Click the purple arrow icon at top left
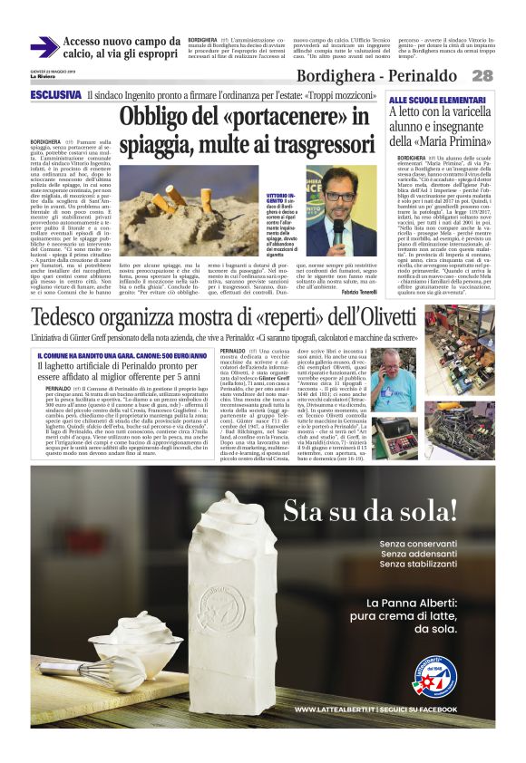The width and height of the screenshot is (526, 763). point(44,47)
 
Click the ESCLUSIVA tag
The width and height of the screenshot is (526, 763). point(55,94)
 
